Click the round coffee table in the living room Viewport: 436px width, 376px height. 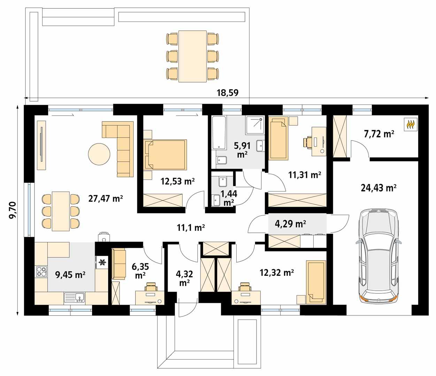point(99,155)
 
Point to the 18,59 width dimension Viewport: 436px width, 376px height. point(228,93)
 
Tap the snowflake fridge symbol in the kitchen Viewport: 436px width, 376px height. point(102,262)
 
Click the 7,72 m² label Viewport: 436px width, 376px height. point(379,134)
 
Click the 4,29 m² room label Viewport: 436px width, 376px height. point(291,224)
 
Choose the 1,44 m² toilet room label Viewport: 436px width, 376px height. point(229,198)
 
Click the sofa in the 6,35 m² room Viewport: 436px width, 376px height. point(118,264)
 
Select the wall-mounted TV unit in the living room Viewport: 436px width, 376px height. point(41,145)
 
